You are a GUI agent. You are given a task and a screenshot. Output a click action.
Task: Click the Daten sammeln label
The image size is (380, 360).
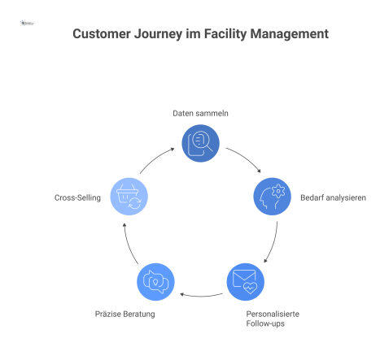pyautogui.click(x=199, y=113)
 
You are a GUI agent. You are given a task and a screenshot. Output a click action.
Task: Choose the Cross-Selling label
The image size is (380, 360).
pyautogui.click(x=77, y=197)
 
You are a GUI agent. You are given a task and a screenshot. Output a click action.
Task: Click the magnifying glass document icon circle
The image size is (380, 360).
pyautogui.click(x=200, y=143)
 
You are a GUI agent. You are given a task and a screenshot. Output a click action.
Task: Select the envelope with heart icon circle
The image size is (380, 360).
pyautogui.click(x=245, y=281)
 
